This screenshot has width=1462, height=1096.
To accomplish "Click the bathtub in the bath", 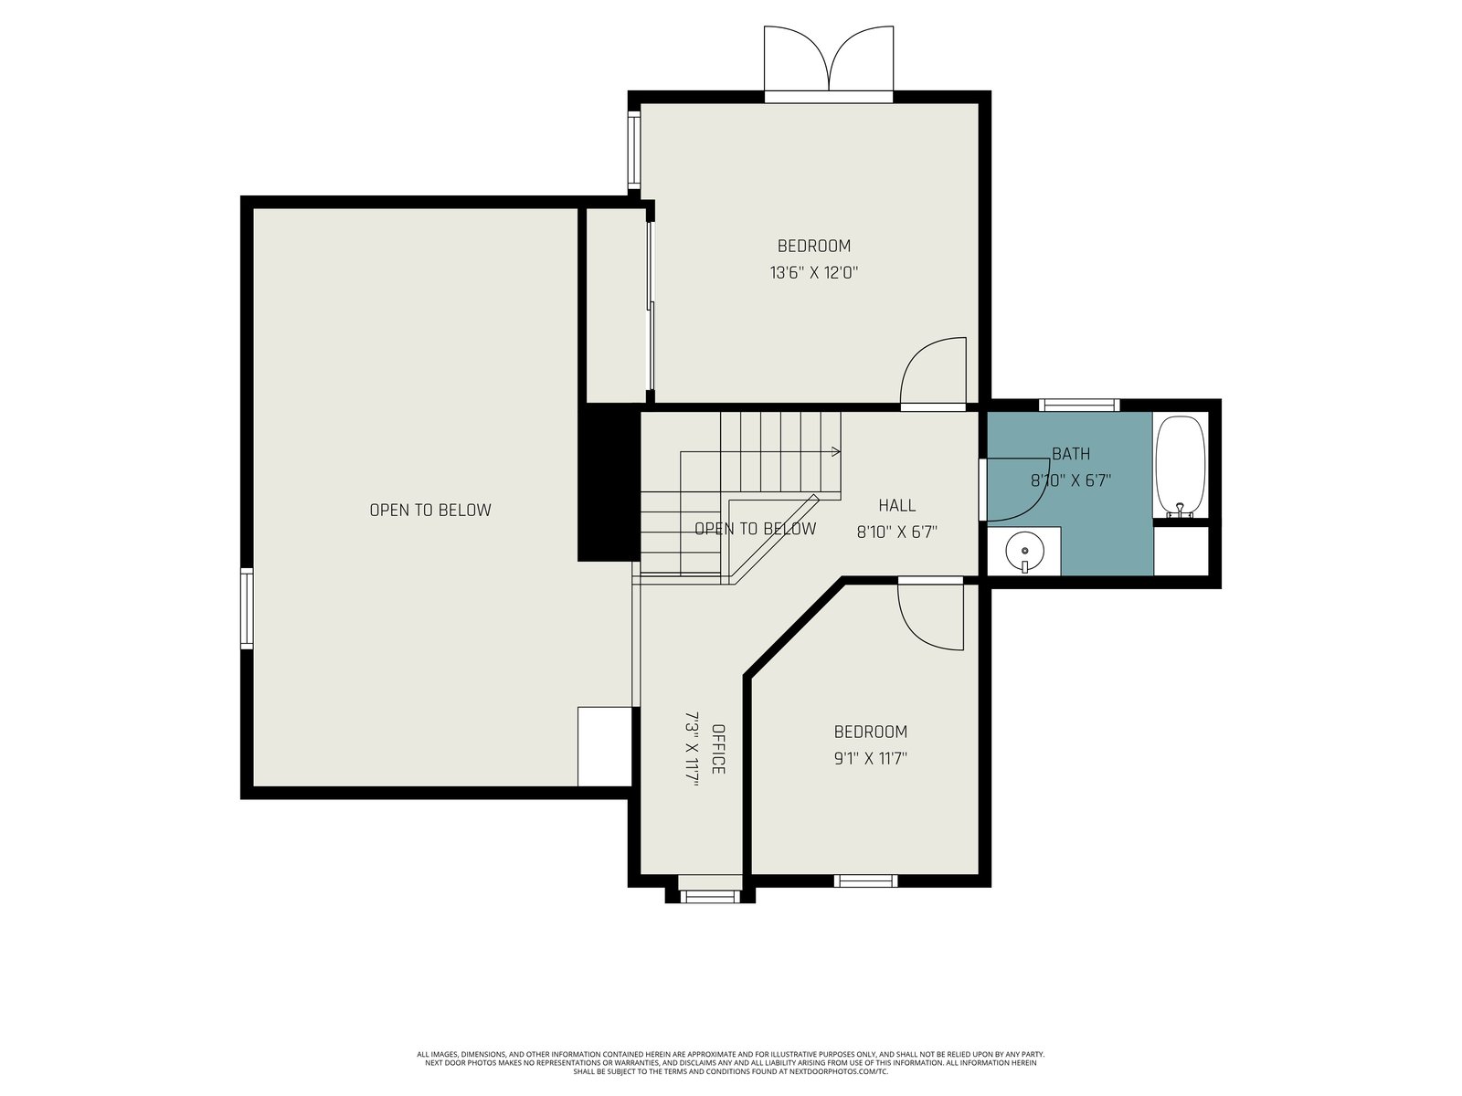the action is (x=1180, y=467).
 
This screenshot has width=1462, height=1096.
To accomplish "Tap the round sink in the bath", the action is (x=1023, y=551).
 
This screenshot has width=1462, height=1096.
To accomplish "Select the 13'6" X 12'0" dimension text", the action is (x=813, y=272).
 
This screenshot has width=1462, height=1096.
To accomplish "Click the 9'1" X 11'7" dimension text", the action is (x=871, y=759).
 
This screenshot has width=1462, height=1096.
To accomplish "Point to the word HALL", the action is (x=896, y=505).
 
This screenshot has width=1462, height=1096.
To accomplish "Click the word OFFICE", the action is (x=718, y=749).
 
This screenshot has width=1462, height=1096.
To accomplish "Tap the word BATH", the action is (x=1071, y=454).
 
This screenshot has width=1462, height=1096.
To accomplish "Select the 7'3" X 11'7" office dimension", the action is (x=692, y=749).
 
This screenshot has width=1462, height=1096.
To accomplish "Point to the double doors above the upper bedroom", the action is (x=828, y=61).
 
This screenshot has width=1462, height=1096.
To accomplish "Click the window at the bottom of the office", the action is (x=710, y=896).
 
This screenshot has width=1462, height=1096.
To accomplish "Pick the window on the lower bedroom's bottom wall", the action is (x=865, y=881).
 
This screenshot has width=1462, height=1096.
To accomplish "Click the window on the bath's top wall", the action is (x=1079, y=405).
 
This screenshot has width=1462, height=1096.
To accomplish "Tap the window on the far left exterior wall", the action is (x=247, y=608).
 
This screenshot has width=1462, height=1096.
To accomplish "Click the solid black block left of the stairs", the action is (x=609, y=482).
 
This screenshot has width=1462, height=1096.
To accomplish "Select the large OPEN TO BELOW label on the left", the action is (x=430, y=510).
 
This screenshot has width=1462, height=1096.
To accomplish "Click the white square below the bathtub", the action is (x=1181, y=551).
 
